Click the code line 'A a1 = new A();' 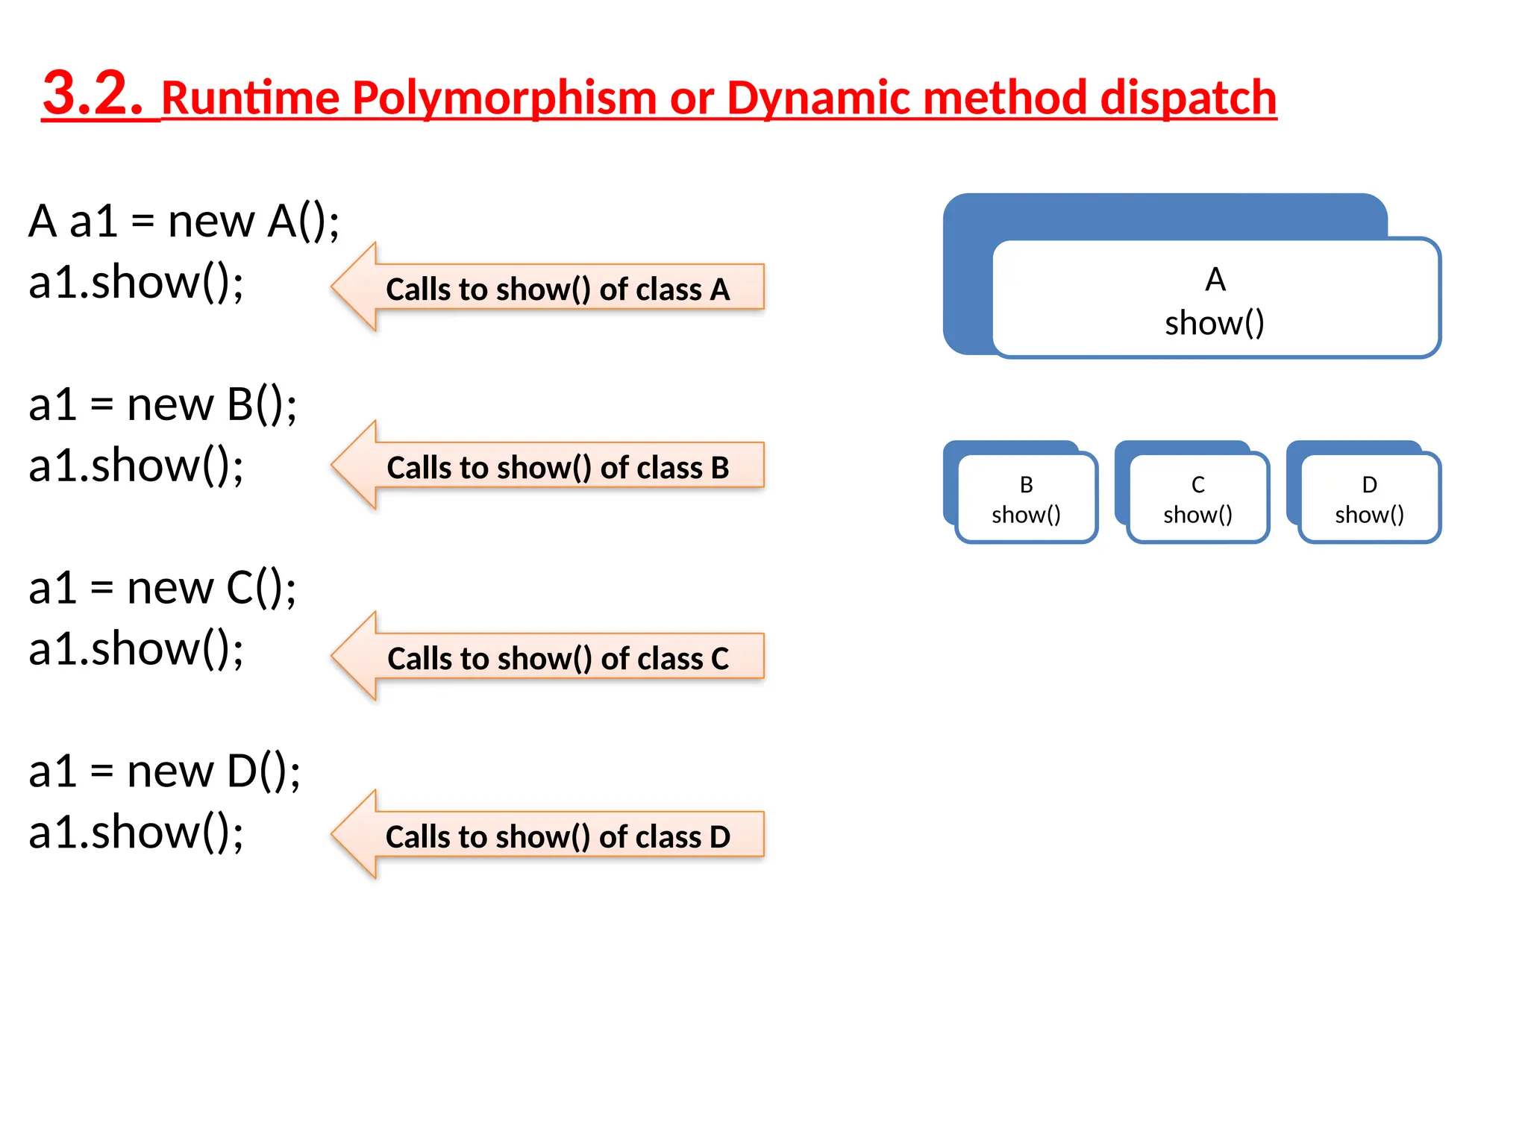point(184,222)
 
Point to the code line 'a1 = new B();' point(163,405)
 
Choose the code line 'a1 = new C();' point(163,589)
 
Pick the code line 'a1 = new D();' point(164,771)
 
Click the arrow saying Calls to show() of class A point(548,288)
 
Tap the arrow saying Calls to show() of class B point(548,467)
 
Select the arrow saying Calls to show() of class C point(548,658)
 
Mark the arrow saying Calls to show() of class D point(548,836)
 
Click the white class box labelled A point(1215,298)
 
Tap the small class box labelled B point(1026,498)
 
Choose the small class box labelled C point(1197,498)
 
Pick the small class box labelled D point(1369,498)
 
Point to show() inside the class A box point(1214,323)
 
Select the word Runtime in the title point(251,98)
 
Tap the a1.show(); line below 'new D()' point(137,833)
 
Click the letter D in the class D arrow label point(719,837)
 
